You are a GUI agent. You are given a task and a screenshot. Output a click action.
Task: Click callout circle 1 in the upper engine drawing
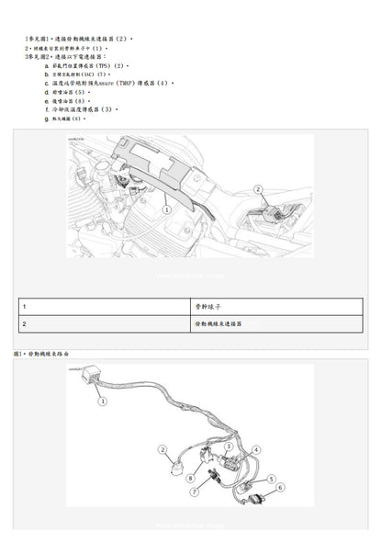click(x=166, y=210)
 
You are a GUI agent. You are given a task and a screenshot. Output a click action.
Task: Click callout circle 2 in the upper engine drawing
click(x=260, y=189)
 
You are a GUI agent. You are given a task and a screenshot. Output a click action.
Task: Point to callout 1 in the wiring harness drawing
click(x=103, y=401)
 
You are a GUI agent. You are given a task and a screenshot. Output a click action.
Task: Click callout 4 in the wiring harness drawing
click(x=257, y=448)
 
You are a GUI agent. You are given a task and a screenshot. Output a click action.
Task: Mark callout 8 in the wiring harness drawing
click(x=188, y=478)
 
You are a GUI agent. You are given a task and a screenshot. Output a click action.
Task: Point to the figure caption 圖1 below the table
click(x=17, y=352)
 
